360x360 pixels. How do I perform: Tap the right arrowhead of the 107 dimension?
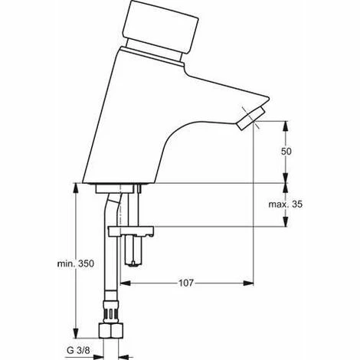coord(250,283)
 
